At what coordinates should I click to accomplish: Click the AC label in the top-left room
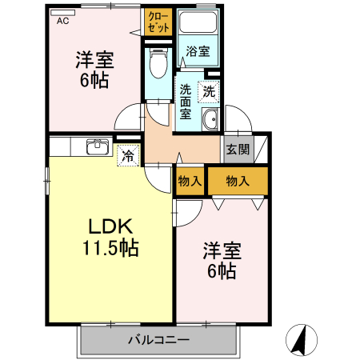62,22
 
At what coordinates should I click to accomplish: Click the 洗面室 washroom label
186,101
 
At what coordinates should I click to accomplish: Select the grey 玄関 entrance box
237,149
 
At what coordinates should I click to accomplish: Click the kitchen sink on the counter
98,146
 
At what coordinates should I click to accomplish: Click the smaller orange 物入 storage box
190,182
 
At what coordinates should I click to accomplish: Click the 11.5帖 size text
109,249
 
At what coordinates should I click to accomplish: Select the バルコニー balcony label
158,341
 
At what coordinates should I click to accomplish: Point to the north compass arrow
302,339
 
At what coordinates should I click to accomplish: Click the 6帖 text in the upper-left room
94,79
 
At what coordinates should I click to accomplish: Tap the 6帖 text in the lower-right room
221,271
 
